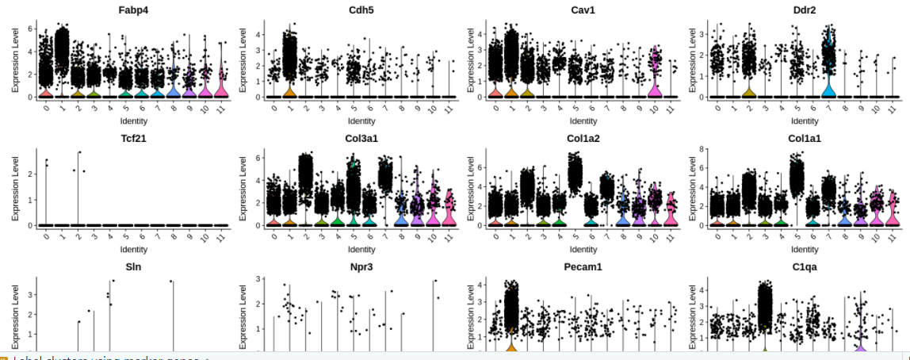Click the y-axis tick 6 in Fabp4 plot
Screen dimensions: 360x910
tap(31, 29)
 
